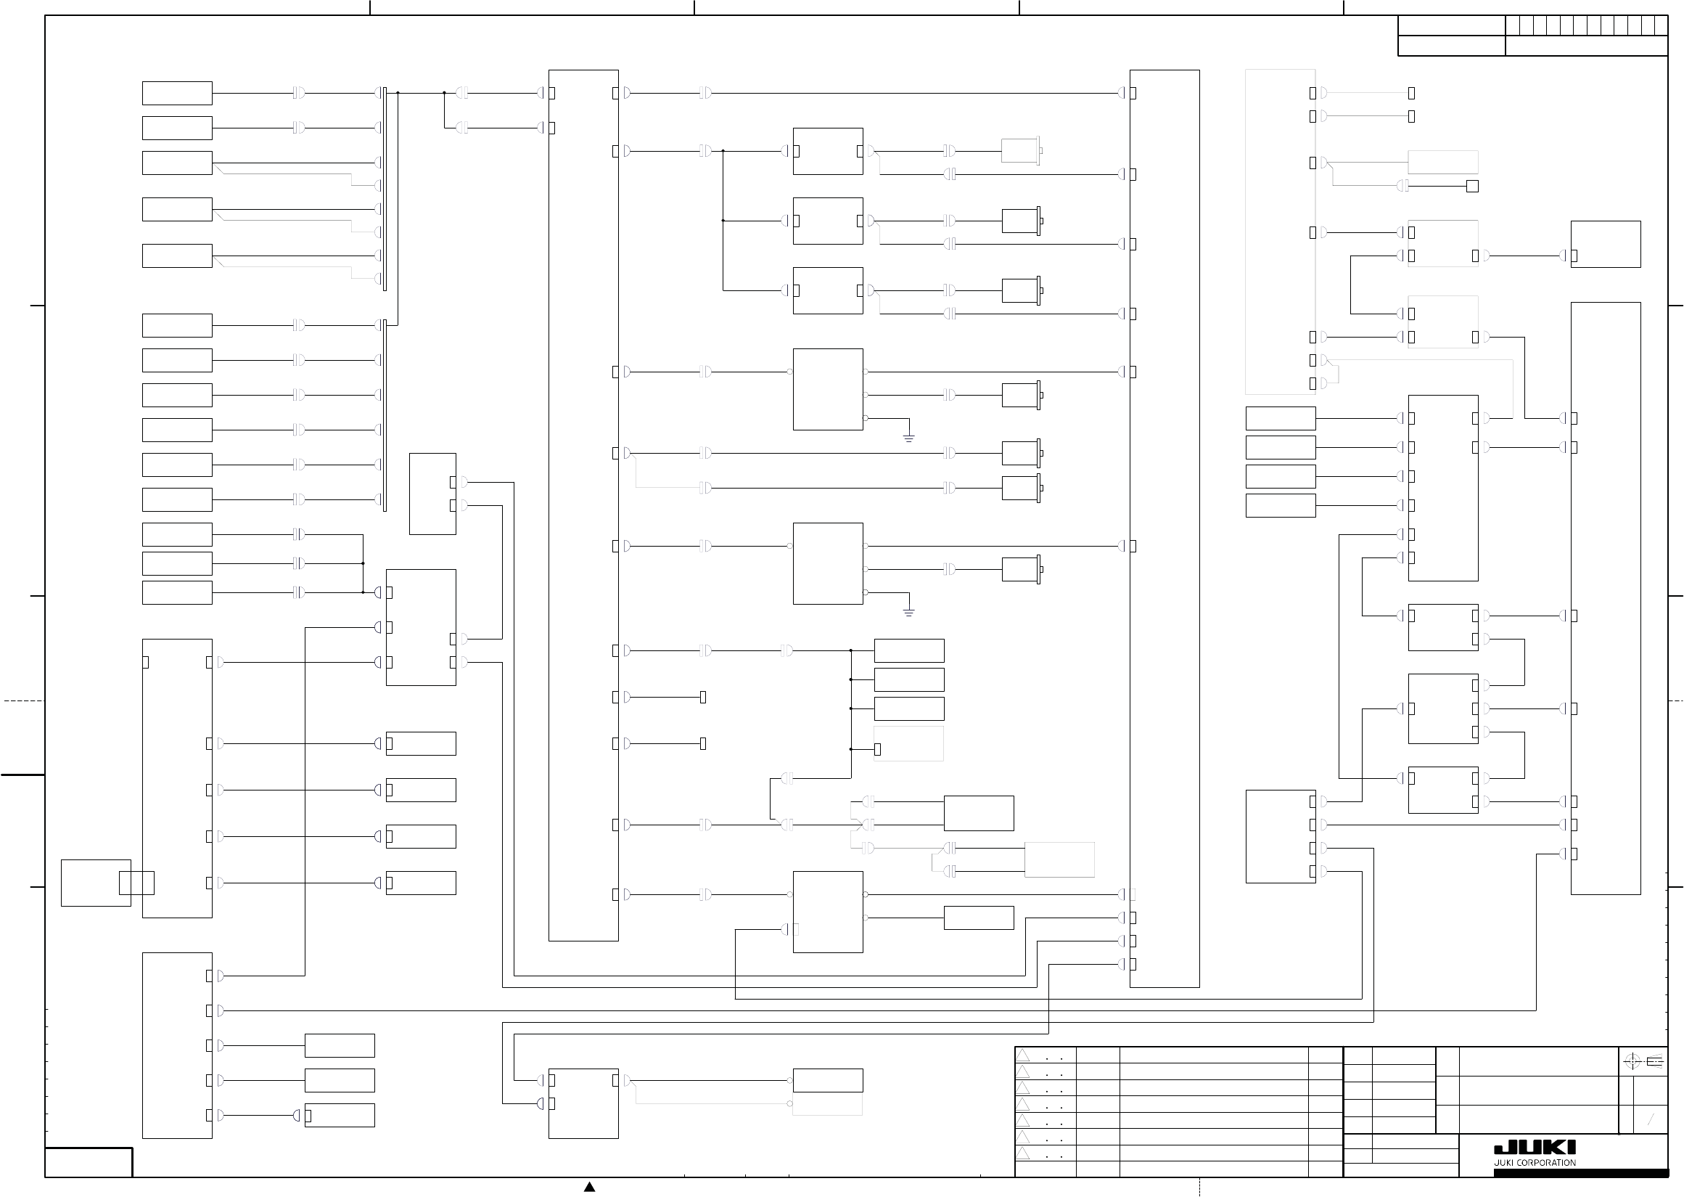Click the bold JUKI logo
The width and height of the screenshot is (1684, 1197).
click(1535, 1148)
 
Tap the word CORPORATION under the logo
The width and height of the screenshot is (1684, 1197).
click(1548, 1163)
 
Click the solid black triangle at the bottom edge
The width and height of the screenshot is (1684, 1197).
click(589, 1187)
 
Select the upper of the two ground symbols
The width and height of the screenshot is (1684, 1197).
click(909, 438)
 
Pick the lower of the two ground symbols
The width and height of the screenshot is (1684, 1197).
click(909, 613)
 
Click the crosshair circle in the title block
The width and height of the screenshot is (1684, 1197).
click(1632, 1062)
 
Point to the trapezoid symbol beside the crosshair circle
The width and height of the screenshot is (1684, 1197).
click(1654, 1062)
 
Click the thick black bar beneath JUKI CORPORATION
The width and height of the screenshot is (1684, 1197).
click(1581, 1172)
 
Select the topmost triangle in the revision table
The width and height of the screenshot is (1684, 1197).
click(1023, 1055)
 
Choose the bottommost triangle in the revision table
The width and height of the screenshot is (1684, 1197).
click(1023, 1153)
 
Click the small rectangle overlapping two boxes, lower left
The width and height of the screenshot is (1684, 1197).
click(136, 882)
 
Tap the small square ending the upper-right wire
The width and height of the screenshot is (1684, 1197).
click(1473, 187)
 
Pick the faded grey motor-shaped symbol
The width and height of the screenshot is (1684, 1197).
click(1022, 151)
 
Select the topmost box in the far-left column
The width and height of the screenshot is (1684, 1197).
click(177, 94)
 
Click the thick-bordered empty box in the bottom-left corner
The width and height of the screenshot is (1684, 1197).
click(89, 1162)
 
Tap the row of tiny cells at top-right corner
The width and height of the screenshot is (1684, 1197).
click(1586, 26)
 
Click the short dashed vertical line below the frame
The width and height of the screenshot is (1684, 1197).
click(1200, 1188)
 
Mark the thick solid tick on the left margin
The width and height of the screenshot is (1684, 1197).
click(22, 775)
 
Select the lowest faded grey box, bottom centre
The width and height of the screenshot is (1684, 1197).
click(827, 1104)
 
